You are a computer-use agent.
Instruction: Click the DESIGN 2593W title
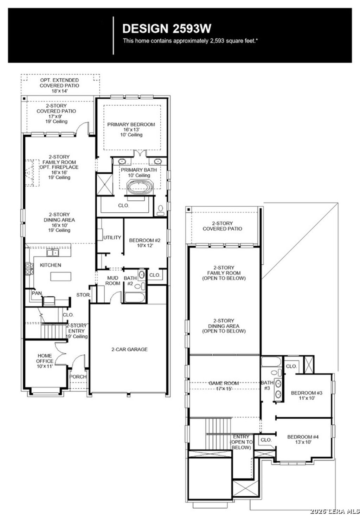coord(167,28)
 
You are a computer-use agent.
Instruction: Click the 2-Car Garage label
coord(129,349)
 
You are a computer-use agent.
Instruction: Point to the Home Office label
coord(45,361)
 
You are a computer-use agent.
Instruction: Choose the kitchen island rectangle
coord(60,277)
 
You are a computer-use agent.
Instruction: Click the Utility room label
coord(112,238)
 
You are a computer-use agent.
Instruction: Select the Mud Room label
coord(113,281)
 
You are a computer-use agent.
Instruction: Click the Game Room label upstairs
coord(224,386)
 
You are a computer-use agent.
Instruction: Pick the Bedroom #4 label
coord(303,439)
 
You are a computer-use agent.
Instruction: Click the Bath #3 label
coord(267,385)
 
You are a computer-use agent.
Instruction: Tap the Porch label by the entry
coord(78,376)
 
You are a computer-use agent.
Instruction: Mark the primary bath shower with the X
coord(104,184)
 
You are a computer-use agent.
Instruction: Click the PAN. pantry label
coord(37,293)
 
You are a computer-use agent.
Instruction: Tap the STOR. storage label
coord(83,295)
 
